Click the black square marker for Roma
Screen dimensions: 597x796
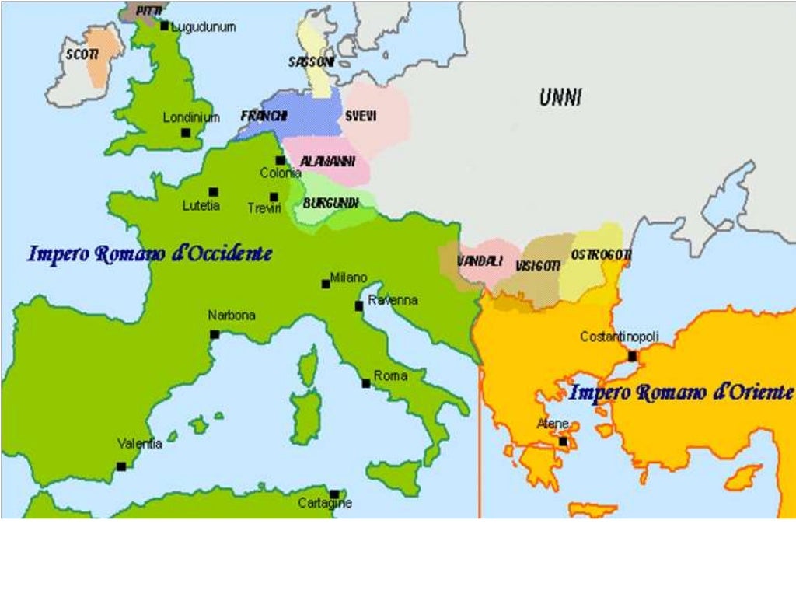[366, 383]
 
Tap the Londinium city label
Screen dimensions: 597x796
[191, 118]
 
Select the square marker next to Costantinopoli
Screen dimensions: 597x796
[632, 357]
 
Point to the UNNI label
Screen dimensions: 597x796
[560, 97]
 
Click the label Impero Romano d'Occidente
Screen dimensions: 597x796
[150, 253]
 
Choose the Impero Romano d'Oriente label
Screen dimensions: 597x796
[681, 393]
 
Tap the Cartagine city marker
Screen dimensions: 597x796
[334, 494]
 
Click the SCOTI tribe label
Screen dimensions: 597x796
[82, 54]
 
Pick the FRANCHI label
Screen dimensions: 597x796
[264, 116]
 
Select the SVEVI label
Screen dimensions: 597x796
[361, 116]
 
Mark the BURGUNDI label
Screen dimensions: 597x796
[330, 203]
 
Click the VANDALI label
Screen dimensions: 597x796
[479, 260]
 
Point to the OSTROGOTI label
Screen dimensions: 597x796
[601, 255]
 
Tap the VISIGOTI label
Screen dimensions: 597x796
[537, 266]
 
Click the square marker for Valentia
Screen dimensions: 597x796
[121, 466]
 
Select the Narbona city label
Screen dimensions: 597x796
[231, 316]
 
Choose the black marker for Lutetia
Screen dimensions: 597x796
[213, 192]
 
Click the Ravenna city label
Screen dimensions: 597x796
[393, 300]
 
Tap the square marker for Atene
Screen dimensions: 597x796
[563, 441]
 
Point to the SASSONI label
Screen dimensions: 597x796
[311, 61]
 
